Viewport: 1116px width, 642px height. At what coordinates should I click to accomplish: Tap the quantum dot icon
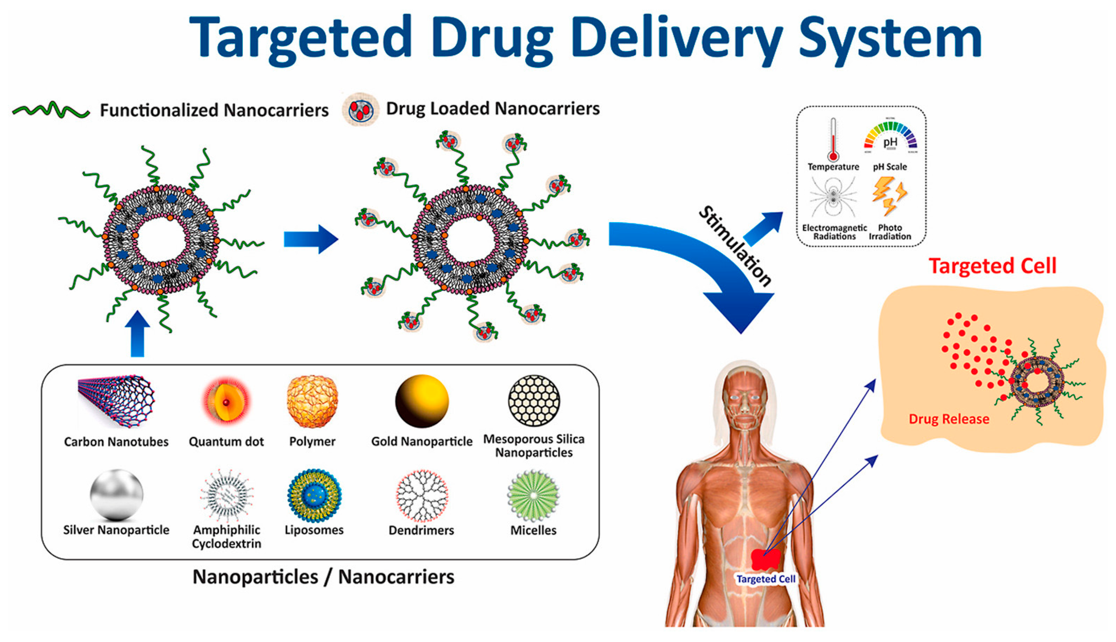point(226,401)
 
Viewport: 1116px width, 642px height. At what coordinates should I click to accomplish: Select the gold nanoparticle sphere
point(422,401)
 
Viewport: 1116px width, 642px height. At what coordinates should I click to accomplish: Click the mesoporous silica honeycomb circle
point(534,401)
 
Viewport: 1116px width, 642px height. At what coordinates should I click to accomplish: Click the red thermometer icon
point(833,140)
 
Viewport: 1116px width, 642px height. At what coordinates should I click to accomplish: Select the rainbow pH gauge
point(890,137)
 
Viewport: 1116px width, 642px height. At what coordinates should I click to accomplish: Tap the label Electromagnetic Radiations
point(834,232)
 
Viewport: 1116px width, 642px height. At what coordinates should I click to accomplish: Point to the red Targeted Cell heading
point(992,266)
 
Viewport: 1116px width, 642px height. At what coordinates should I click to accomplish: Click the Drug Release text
point(949,419)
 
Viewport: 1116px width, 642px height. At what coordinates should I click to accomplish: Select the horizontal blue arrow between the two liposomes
point(311,239)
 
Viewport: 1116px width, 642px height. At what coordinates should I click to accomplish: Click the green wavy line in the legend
point(51,110)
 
